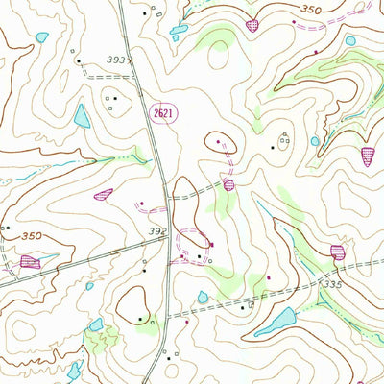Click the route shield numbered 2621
(163, 113)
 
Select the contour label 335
(333, 285)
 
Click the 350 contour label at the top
(308, 9)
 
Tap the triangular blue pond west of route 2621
(81, 116)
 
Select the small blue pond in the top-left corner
(41, 37)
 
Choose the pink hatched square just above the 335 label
(337, 252)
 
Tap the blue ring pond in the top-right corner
(349, 41)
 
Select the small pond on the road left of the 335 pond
(204, 298)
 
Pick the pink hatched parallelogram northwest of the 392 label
(103, 194)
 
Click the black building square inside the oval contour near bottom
(139, 318)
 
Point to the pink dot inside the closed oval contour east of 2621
(220, 142)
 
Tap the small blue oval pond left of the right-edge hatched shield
(315, 141)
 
